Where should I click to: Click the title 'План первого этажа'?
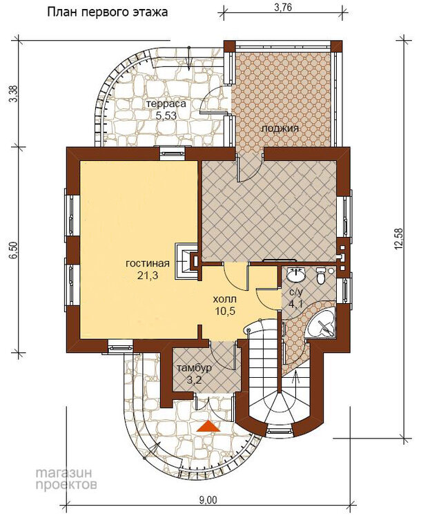pos(107,12)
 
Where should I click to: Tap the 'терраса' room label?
pos(166,104)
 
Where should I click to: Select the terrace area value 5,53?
pos(166,115)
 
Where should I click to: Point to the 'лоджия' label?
pos(280,128)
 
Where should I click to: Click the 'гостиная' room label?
pos(148,263)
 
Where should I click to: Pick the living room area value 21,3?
pos(148,276)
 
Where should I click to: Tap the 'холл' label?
pos(225,299)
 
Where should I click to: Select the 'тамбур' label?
pos(194,368)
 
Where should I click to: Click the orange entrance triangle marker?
pos(208,426)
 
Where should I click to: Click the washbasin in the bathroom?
pos(296,275)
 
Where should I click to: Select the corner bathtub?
pos(321,324)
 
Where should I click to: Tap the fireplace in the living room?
pos(187,260)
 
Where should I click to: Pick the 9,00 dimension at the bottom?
pos(208,501)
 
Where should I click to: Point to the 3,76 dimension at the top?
pos(283,7)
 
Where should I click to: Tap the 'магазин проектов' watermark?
pos(66,479)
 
